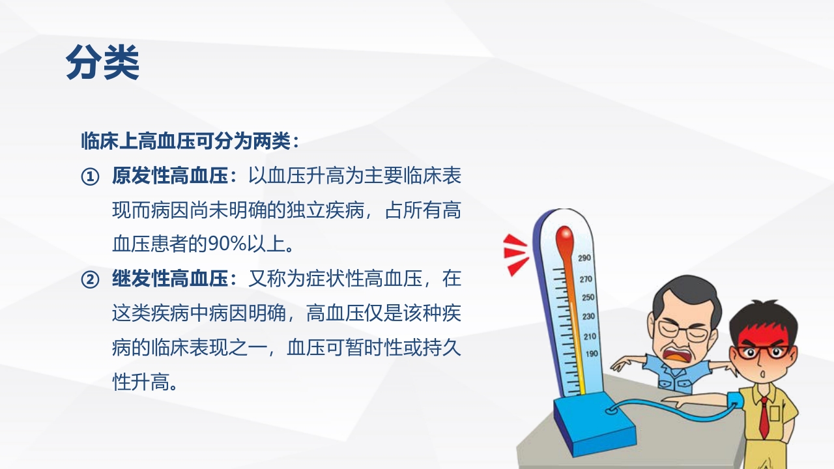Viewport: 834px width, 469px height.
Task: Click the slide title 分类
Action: [x=102, y=63]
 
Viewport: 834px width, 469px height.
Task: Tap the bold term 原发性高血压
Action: [x=171, y=177]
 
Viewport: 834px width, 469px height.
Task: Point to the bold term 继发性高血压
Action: [x=171, y=280]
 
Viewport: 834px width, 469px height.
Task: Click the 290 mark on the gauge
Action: [x=584, y=259]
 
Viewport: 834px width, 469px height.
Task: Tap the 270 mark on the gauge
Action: [x=586, y=279]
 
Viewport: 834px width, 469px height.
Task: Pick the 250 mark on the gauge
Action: [x=587, y=298]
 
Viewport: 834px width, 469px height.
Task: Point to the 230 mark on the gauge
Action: [x=588, y=317]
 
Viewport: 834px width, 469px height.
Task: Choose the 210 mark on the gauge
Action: [x=590, y=336]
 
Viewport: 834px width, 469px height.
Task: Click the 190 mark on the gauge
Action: [x=592, y=354]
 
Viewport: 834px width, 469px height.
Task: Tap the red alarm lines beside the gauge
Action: [x=516, y=253]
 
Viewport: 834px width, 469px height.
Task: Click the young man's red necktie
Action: [x=764, y=417]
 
